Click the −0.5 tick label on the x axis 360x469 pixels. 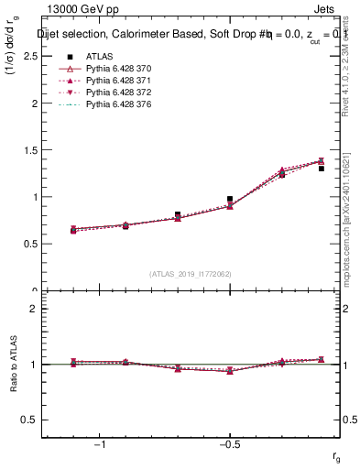tap(229, 443)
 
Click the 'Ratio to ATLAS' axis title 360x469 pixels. tap(14, 365)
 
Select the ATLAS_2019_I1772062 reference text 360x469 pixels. tap(191, 273)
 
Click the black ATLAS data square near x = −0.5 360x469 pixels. tap(230, 199)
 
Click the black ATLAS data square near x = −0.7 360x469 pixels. tap(178, 214)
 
